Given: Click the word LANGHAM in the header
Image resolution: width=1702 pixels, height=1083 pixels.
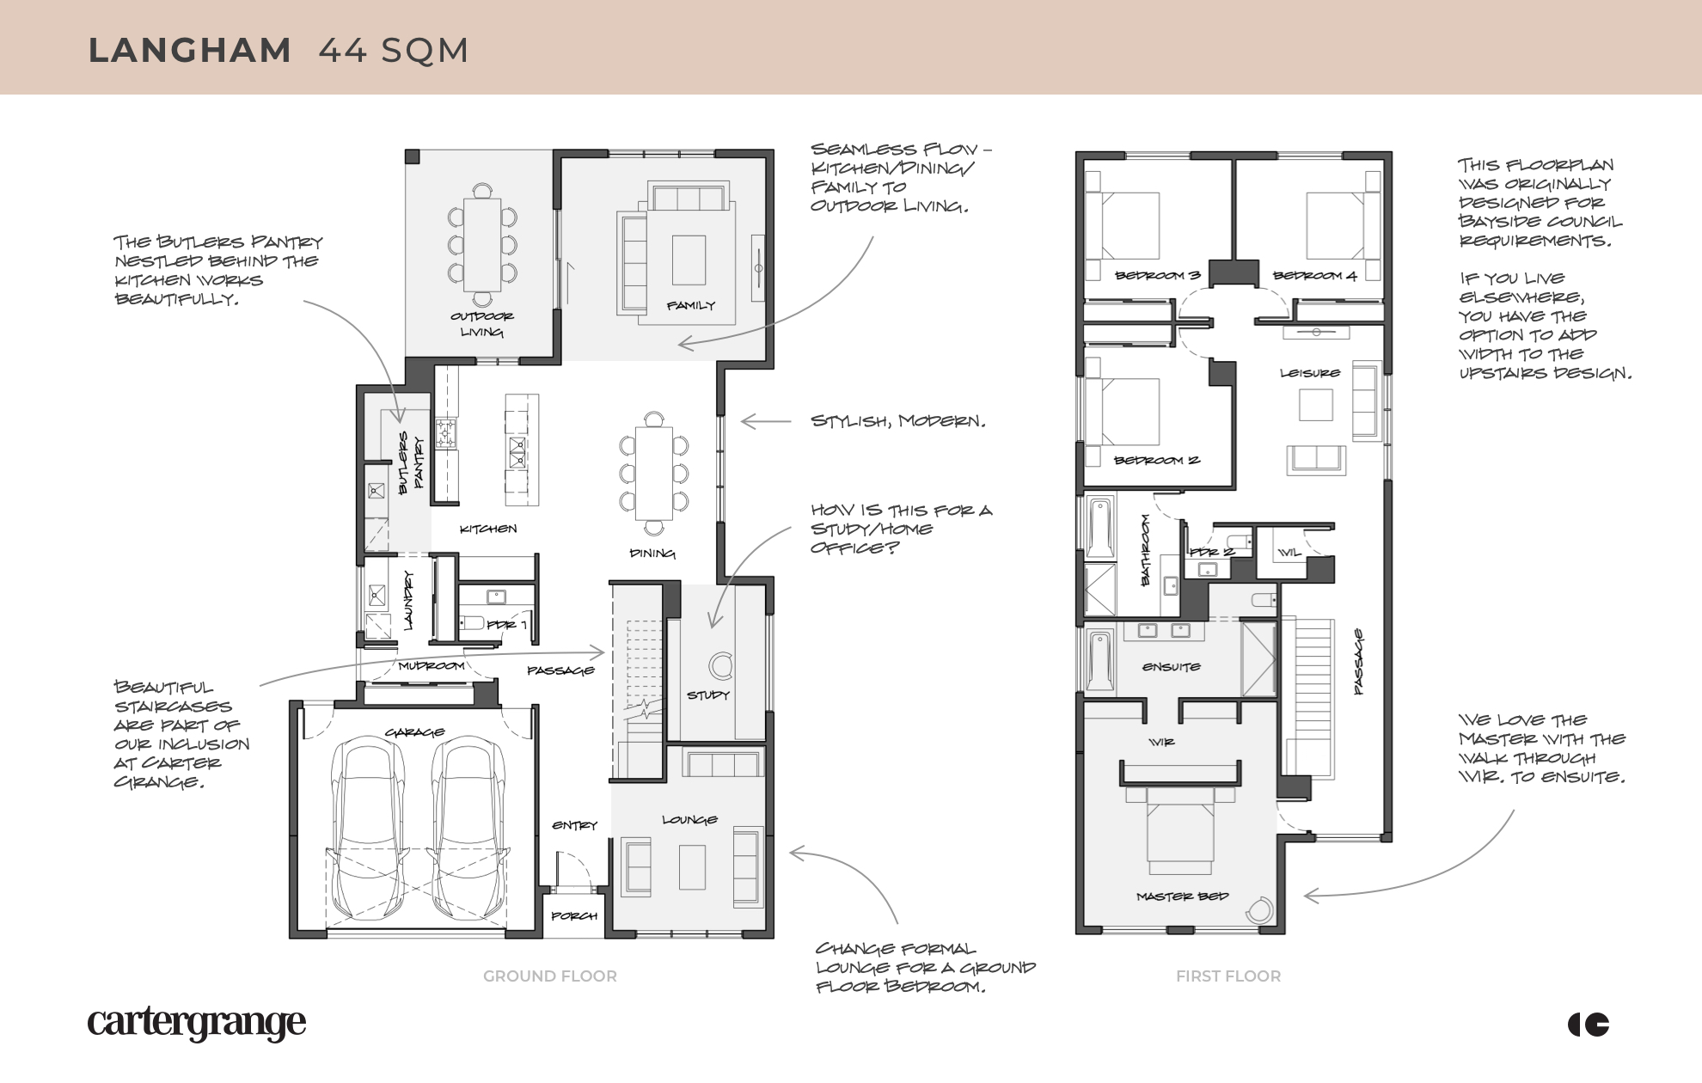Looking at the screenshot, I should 189,50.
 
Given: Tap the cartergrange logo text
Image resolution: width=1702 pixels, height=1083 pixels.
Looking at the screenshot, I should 196,1023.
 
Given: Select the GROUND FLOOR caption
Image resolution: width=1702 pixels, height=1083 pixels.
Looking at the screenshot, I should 549,976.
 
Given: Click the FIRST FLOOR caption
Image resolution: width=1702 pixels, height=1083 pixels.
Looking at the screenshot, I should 1228,976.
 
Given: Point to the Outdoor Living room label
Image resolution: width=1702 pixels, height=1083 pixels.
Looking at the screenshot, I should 481,324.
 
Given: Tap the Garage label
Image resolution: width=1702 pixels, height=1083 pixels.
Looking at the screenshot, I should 415,732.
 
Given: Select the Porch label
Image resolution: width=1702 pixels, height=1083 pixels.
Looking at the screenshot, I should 573,916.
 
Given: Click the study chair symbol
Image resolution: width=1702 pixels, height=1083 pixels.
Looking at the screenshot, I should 720,665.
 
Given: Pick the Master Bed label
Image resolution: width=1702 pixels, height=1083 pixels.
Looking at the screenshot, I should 1182,896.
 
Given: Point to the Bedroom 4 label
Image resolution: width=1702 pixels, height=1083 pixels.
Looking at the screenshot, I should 1314,276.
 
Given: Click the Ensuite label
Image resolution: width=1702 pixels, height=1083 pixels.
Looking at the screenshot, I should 1171,667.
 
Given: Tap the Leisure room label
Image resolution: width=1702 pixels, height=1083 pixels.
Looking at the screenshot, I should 1309,373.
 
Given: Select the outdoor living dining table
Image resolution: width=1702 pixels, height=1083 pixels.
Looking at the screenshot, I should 482,245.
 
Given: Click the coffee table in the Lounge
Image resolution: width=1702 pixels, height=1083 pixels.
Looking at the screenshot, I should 692,866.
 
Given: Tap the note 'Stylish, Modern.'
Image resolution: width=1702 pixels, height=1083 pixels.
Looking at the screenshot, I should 897,421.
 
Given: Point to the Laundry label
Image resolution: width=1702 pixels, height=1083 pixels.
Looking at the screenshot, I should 409,600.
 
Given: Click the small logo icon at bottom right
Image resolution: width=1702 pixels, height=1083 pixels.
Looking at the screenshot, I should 1589,1025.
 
